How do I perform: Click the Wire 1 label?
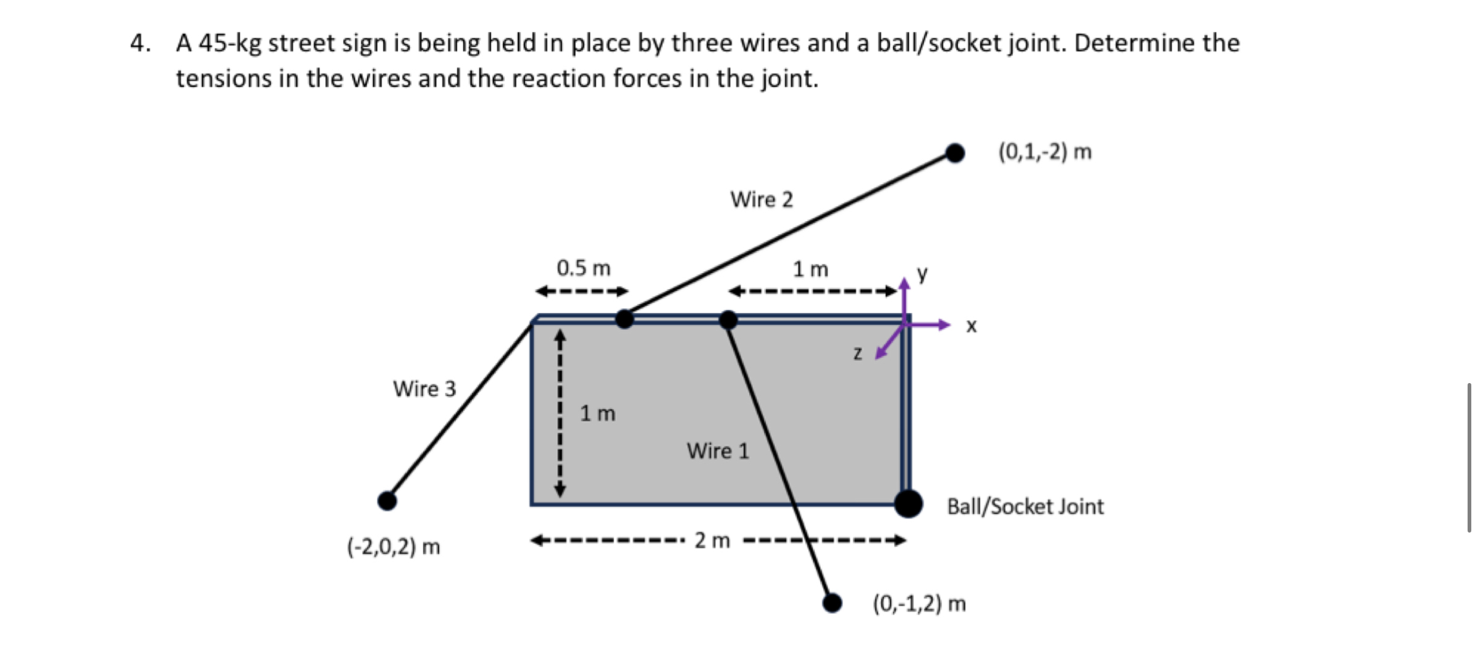[717, 451]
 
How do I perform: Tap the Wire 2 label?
[761, 200]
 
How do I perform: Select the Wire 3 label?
[424, 389]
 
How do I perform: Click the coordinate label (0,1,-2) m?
[1045, 151]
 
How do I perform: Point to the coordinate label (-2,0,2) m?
[393, 547]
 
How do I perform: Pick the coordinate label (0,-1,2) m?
[919, 603]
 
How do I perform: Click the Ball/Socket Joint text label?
[1025, 507]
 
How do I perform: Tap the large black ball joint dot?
[908, 504]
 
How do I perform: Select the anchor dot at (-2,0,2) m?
[387, 500]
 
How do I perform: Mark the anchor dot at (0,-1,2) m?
[832, 602]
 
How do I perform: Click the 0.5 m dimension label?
[583, 268]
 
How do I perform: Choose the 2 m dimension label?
[712, 541]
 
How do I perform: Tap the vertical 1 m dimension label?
[597, 413]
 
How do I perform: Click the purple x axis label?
[972, 326]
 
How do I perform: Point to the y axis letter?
[922, 272]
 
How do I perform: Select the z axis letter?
[857, 353]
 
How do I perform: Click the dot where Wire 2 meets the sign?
[624, 319]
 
